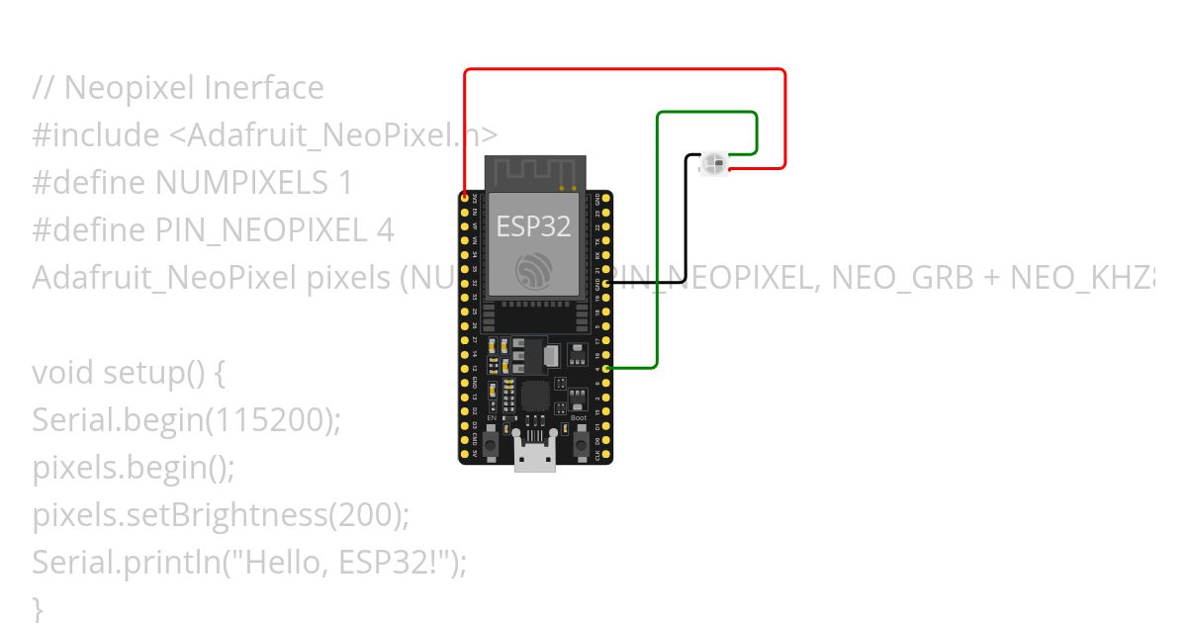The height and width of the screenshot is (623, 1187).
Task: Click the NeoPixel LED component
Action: (713, 163)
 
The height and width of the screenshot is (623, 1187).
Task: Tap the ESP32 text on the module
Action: (533, 226)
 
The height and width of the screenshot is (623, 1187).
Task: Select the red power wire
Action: (623, 69)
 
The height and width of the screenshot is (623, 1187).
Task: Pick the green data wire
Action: (657, 247)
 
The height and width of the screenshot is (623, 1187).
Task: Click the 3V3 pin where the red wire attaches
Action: (465, 199)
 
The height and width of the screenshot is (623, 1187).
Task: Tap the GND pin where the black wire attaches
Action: (604, 283)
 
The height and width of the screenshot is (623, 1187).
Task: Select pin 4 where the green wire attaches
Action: (604, 369)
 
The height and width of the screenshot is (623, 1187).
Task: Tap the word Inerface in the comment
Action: (264, 88)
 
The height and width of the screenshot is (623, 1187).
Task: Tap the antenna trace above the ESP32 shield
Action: (533, 172)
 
